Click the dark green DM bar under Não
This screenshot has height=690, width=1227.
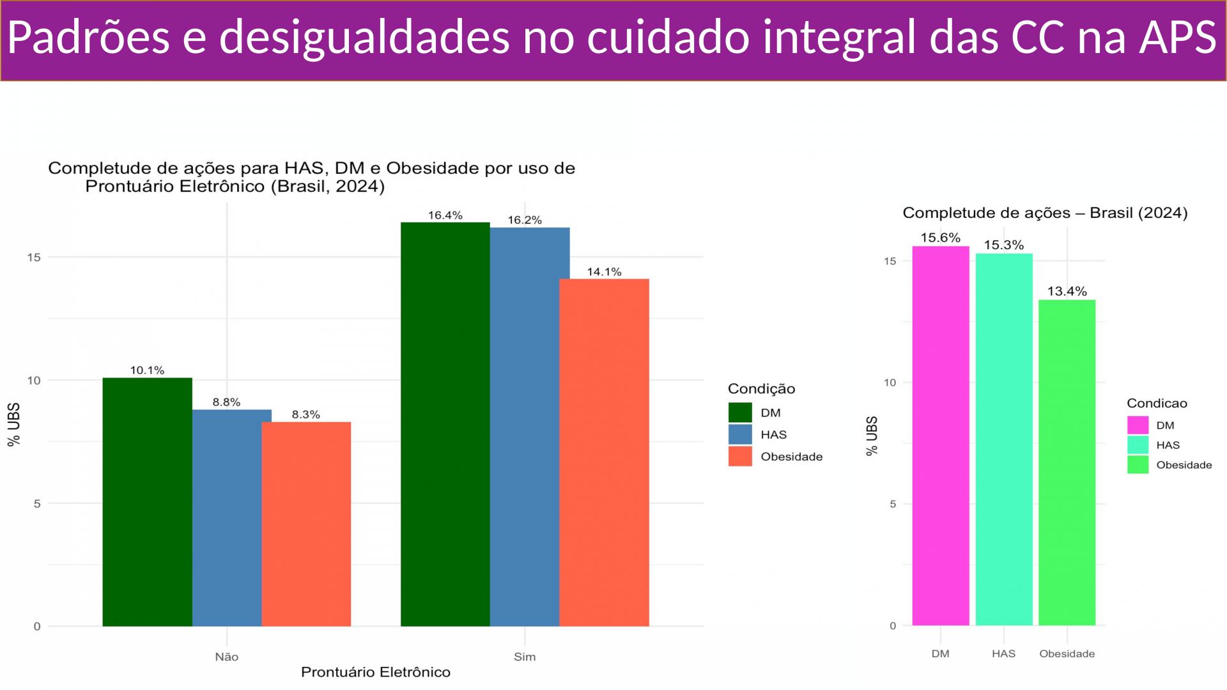click(x=147, y=502)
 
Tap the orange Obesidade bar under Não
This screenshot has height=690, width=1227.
click(x=306, y=524)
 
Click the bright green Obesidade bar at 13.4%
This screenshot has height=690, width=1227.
click(x=1067, y=463)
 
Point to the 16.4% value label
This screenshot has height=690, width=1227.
click(x=445, y=215)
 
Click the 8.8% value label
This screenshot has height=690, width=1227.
click(x=226, y=402)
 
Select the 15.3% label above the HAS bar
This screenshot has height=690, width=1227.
click(x=1003, y=245)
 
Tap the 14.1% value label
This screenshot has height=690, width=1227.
click(x=604, y=272)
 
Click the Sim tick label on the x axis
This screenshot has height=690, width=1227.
click(x=525, y=657)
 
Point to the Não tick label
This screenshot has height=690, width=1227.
click(x=226, y=657)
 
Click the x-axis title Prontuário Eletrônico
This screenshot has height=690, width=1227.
click(x=376, y=672)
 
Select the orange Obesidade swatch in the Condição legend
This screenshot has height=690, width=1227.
click(x=740, y=456)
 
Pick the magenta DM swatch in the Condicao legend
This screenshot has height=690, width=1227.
click(x=1138, y=425)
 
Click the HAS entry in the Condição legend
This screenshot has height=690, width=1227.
click(x=773, y=434)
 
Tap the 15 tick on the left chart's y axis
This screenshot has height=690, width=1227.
click(x=33, y=257)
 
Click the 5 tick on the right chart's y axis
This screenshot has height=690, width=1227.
click(x=893, y=504)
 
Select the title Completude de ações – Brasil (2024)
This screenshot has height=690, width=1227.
click(x=1045, y=213)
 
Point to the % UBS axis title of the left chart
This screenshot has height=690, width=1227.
click(x=14, y=424)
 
